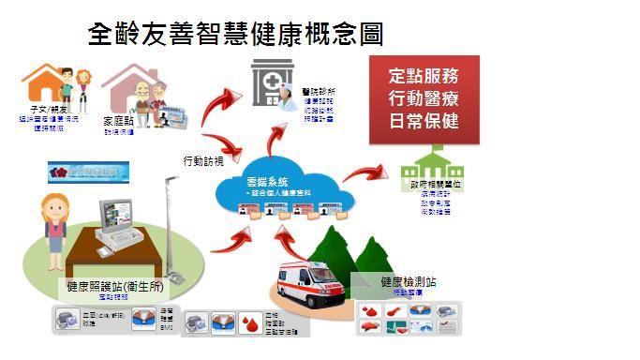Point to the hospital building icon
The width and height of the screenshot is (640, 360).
click(272, 82)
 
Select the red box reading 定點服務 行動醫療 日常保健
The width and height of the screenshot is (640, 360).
click(424, 98)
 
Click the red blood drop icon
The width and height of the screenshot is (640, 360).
click(248, 322)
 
